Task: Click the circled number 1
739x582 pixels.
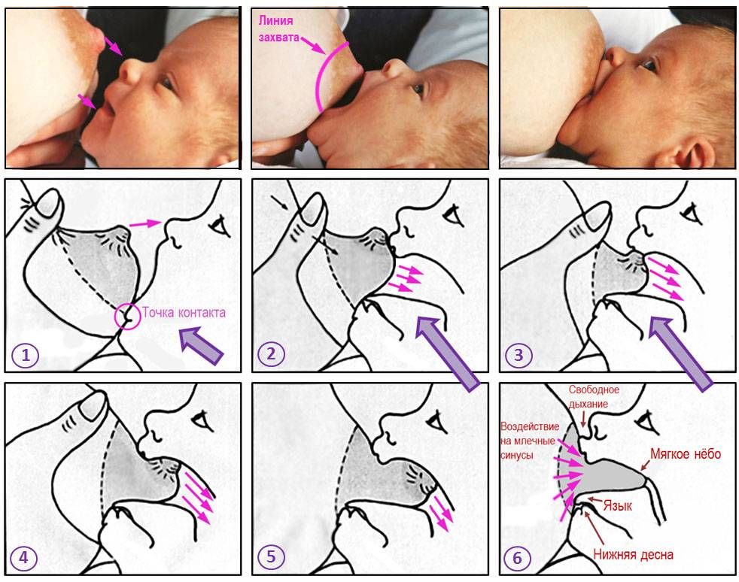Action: [x=25, y=355]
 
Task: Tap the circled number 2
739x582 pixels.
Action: [x=271, y=353]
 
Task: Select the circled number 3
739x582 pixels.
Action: [x=519, y=355]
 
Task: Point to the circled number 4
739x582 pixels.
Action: [x=23, y=557]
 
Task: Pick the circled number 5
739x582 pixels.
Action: [x=271, y=556]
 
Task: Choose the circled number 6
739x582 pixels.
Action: [x=518, y=558]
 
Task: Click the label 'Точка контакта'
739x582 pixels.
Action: [x=184, y=313]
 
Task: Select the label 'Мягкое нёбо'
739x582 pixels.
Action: [x=686, y=454]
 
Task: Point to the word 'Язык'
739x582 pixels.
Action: [x=617, y=506]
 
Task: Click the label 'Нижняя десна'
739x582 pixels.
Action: [x=633, y=554]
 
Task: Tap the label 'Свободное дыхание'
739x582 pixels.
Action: [x=593, y=396]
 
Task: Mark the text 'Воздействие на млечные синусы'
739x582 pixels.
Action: [x=529, y=441]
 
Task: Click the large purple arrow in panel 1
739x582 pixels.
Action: [x=201, y=347]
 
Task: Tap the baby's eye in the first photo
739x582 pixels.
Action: [x=167, y=83]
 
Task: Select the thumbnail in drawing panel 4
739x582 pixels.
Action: [x=93, y=406]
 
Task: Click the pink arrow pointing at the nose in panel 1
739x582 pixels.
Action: [x=145, y=223]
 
